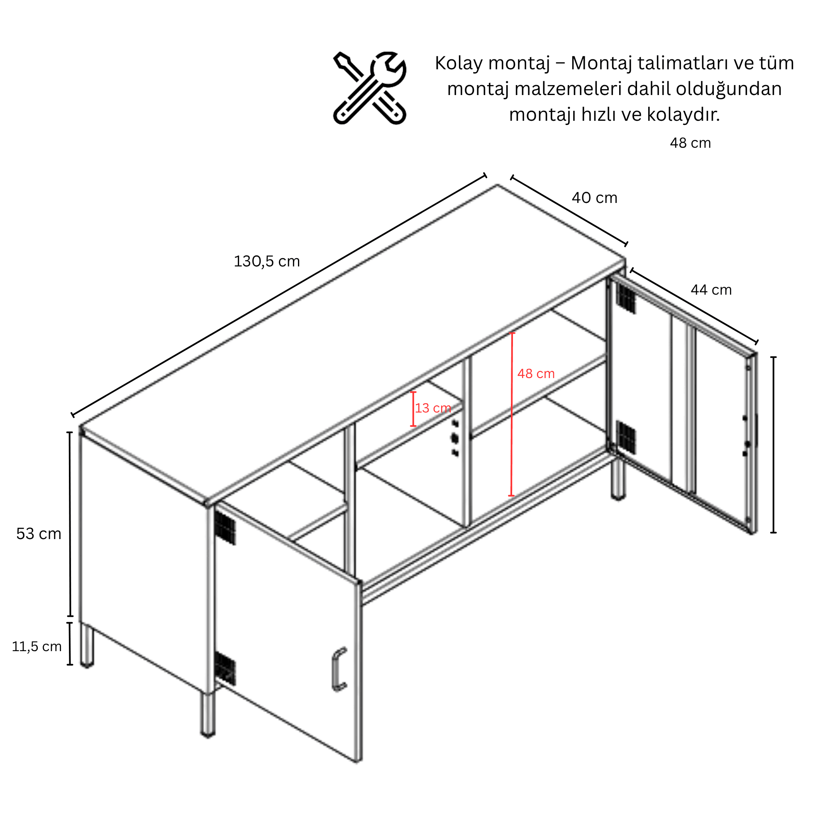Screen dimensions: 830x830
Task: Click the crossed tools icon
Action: pos(369,88)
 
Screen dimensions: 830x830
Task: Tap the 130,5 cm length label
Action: pos(267,261)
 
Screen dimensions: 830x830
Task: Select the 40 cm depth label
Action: pos(594,198)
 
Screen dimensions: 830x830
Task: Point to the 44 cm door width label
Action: pos(711,290)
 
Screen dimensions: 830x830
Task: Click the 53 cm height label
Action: pos(39,534)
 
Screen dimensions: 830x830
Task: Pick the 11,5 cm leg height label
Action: pos(37,647)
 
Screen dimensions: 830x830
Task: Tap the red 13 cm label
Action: pos(433,408)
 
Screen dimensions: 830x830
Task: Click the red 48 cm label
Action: pos(536,373)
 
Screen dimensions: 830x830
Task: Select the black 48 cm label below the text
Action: pos(691,143)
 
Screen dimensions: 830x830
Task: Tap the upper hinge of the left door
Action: pos(225,527)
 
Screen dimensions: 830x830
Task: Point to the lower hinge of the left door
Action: pos(225,668)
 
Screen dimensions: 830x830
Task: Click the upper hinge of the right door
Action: pos(625,298)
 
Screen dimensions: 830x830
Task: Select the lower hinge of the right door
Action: pos(625,437)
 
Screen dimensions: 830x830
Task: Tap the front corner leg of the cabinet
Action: pos(208,715)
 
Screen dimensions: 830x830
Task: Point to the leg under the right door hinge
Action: pos(618,479)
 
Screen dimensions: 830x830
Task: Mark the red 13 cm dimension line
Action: pos(413,409)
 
